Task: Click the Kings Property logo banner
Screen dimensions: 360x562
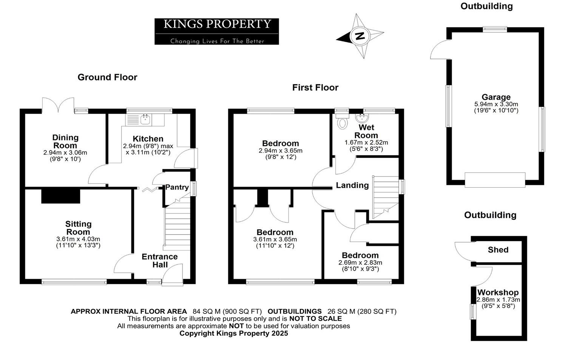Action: click(x=216, y=31)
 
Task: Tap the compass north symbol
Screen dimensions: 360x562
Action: click(x=360, y=36)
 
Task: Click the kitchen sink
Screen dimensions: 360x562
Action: click(x=145, y=120)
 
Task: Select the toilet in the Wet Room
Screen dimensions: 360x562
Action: click(x=343, y=122)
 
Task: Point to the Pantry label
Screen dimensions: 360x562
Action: click(x=177, y=187)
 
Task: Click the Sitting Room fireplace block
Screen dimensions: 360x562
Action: click(x=60, y=196)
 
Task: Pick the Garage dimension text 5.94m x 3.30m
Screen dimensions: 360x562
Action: click(x=496, y=104)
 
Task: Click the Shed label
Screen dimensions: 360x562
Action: click(x=498, y=250)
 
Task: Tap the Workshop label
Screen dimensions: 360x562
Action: click(x=498, y=292)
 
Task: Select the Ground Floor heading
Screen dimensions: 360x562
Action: click(x=107, y=77)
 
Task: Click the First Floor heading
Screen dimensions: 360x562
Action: click(x=315, y=88)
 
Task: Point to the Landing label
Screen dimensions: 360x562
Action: click(x=352, y=185)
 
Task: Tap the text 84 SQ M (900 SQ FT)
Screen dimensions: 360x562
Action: click(x=227, y=312)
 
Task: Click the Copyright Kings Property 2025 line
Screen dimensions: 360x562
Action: click(x=233, y=333)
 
